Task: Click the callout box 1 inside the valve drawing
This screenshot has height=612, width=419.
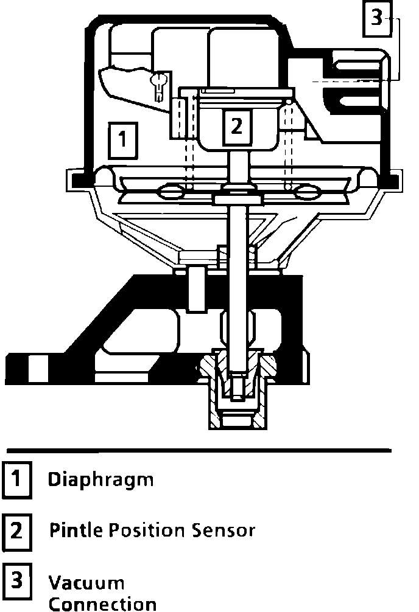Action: tap(123, 141)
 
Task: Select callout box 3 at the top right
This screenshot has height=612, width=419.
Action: tap(376, 18)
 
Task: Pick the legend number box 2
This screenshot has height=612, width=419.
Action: tap(17, 531)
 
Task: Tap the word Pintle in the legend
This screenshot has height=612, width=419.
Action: tap(76, 530)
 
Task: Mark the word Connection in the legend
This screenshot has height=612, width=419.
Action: tap(102, 604)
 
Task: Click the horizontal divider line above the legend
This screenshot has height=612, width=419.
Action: tap(199, 451)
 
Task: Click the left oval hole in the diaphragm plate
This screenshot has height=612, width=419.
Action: tap(171, 192)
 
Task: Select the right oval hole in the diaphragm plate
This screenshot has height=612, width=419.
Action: tap(305, 193)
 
